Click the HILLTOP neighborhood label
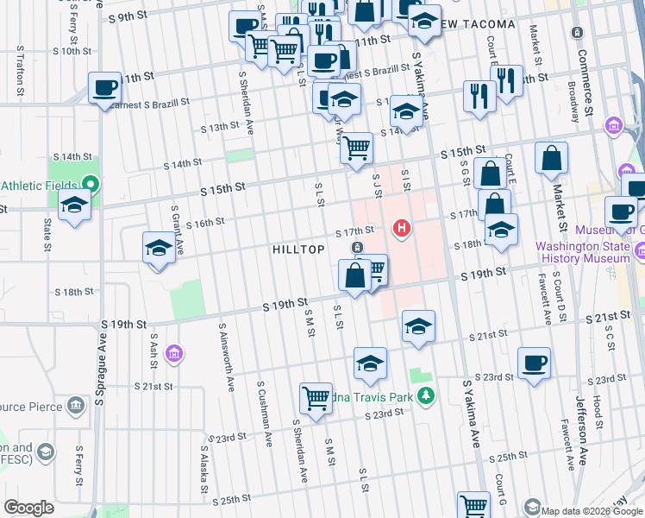298,250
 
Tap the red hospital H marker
401,229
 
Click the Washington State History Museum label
582,251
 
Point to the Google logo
28,508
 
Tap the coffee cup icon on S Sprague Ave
104,87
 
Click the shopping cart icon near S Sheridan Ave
316,398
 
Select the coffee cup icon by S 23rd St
534,363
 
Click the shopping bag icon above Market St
551,159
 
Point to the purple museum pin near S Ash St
174,354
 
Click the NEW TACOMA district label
479,24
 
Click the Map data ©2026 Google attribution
592,511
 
